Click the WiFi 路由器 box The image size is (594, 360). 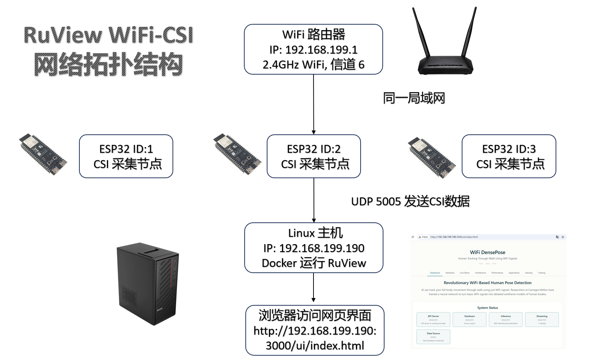pyautogui.click(x=313, y=49)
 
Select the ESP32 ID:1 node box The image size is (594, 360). pyautogui.click(x=126, y=156)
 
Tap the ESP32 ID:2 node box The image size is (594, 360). pyautogui.click(x=314, y=156)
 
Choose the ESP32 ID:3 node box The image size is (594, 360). pyautogui.click(x=509, y=156)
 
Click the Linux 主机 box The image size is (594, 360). pyautogui.click(x=314, y=248)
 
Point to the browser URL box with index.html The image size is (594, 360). pyautogui.click(x=315, y=330)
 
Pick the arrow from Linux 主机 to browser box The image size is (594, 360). pyautogui.click(x=313, y=288)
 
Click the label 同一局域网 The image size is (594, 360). pyautogui.click(x=414, y=98)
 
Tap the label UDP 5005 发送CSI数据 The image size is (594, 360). pyautogui.click(x=410, y=201)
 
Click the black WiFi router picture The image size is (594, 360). pyautogui.click(x=445, y=62)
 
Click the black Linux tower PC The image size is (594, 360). pyautogui.click(x=148, y=284)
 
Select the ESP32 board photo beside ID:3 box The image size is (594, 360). pyautogui.click(x=432, y=157)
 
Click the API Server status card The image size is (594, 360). pyautogui.click(x=433, y=319)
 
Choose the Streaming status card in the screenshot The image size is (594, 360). pyautogui.click(x=542, y=319)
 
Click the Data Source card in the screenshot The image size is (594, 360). pyautogui.click(x=433, y=336)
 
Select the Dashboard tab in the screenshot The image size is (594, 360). pyautogui.click(x=435, y=273)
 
